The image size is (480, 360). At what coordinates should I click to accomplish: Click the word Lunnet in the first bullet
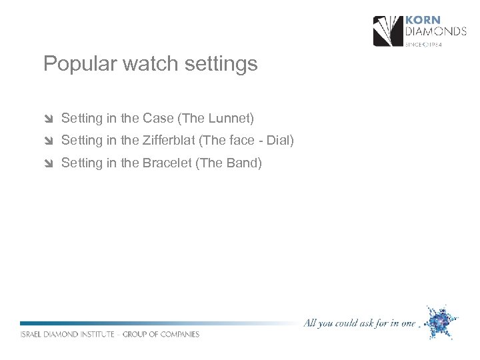(230, 119)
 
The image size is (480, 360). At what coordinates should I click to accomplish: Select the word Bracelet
(167, 163)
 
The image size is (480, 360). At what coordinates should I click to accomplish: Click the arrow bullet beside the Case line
(48, 119)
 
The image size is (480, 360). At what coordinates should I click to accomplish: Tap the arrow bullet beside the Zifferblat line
(48, 141)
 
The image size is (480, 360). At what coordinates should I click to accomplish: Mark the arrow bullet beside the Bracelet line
(48, 163)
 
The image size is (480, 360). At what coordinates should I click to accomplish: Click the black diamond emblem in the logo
(388, 31)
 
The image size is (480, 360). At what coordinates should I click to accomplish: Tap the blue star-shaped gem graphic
(441, 322)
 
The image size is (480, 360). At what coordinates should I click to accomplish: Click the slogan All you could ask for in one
(359, 323)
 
